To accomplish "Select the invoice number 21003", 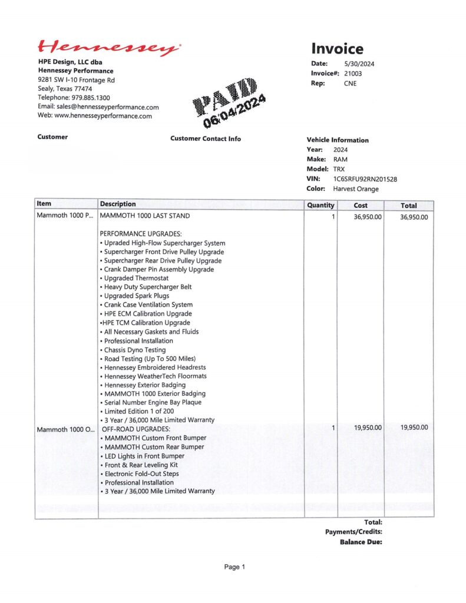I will pos(353,74).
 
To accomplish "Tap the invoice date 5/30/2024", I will pos(359,64).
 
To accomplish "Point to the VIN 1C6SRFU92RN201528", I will pos(369,179).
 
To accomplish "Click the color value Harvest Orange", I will pos(356,189).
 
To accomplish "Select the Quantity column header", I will pos(320,206).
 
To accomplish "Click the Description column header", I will pos(118,204).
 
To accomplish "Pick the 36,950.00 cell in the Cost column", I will pos(368,217).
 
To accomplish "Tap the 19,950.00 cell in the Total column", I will pos(414,428).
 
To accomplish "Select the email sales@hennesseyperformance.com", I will pos(108,107).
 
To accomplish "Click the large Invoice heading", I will pos(337,49).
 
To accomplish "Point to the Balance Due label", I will pos(361,542).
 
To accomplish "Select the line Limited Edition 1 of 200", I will pos(140,412).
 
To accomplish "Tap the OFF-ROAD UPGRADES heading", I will pos(136,429).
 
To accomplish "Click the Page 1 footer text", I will pos(234,567).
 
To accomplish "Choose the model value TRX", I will pos(339,169).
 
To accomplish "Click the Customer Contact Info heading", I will pos(206,139).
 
